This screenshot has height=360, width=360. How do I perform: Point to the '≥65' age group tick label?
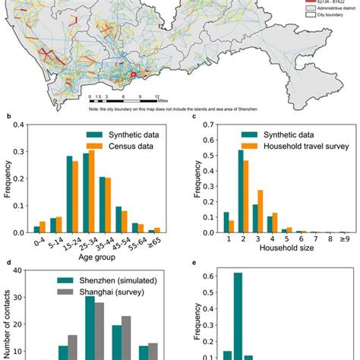pyautogui.click(x=154, y=239)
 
